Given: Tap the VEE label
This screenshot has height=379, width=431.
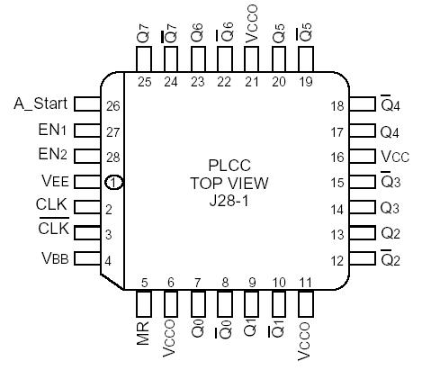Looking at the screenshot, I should (52, 181).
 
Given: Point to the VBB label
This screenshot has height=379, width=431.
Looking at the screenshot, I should (52, 259).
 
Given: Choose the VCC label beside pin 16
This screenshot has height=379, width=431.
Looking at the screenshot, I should (394, 157).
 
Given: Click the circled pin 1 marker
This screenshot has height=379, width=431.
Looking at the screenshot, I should (113, 183).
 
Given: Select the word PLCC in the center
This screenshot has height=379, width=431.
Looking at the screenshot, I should (229, 166).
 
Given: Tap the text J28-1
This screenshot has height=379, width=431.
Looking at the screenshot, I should (229, 199).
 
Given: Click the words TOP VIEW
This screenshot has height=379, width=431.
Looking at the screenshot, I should (229, 183).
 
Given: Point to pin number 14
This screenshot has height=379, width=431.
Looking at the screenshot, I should (337, 209).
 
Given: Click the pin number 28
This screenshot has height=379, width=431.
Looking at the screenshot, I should (112, 157).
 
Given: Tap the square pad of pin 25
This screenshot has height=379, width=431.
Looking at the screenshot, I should (144, 59).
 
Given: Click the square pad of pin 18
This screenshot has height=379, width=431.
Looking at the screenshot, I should (363, 105).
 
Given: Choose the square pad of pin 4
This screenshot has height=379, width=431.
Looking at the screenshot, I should (85, 260).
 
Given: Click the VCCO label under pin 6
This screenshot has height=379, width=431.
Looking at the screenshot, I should (170, 338).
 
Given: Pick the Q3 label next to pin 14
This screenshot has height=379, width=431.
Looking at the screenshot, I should (391, 209).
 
